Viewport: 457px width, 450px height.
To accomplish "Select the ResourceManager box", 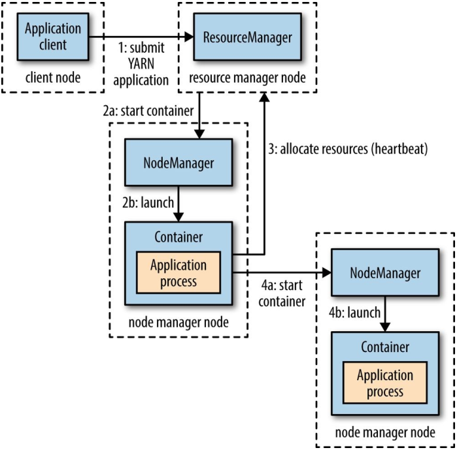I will click(248, 37).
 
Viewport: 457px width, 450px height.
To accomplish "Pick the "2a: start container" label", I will click(148, 110).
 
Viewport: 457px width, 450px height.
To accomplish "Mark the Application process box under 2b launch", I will click(178, 273).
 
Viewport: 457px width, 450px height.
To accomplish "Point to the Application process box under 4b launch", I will click(385, 383).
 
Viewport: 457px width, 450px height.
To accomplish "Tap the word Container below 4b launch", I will click(385, 346).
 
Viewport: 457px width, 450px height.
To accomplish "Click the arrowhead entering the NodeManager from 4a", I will click(326, 274).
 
